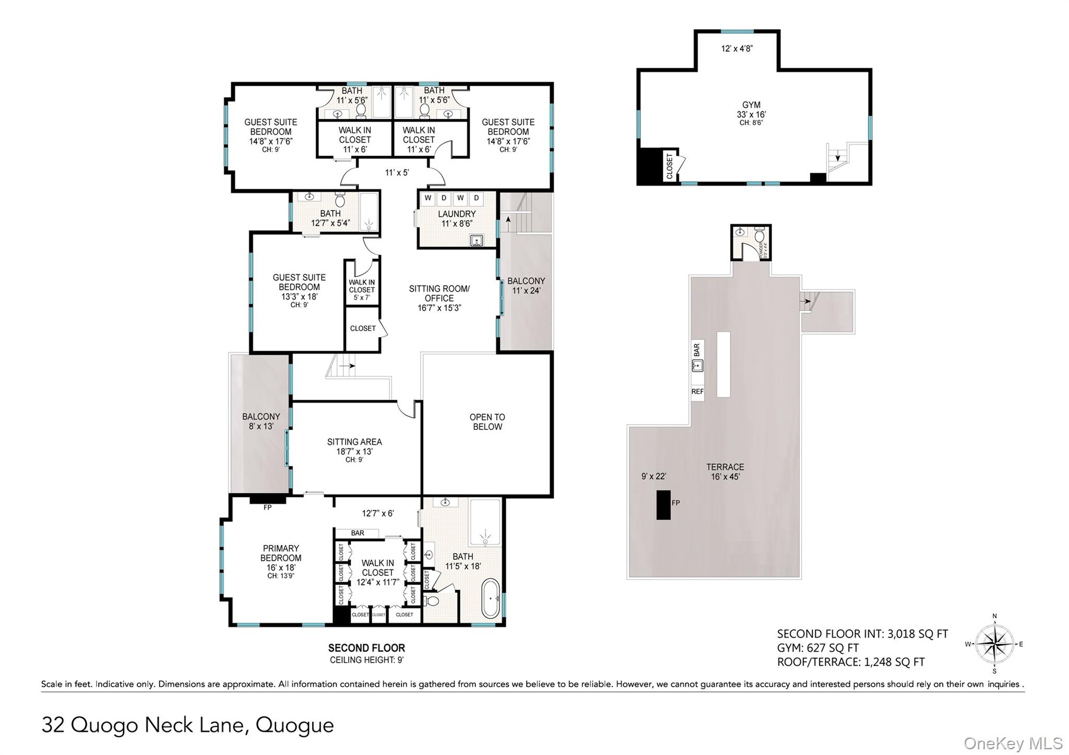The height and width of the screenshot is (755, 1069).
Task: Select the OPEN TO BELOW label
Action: pos(487,422)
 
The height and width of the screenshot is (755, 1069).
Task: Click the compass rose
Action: pos(994,644)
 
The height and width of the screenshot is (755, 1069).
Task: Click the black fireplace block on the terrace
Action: pos(663,505)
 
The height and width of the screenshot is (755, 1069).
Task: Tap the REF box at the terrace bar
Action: pos(697,391)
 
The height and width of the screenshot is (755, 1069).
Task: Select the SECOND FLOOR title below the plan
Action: pos(366,648)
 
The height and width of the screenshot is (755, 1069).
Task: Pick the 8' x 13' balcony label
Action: pos(261,421)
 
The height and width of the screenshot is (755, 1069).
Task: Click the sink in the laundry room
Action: pos(476,241)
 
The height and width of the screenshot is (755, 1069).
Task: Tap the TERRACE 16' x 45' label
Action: pos(725,472)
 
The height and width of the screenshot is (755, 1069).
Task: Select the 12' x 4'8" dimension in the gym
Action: pos(737,49)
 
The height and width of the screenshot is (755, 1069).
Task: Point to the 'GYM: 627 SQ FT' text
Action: pos(817,648)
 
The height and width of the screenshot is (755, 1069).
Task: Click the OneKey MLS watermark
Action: pos(1013,743)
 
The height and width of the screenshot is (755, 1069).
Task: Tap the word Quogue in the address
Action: pos(294,725)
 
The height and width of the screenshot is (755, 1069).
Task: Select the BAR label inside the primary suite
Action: pos(358,533)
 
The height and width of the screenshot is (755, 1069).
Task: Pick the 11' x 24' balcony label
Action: pos(526,285)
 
